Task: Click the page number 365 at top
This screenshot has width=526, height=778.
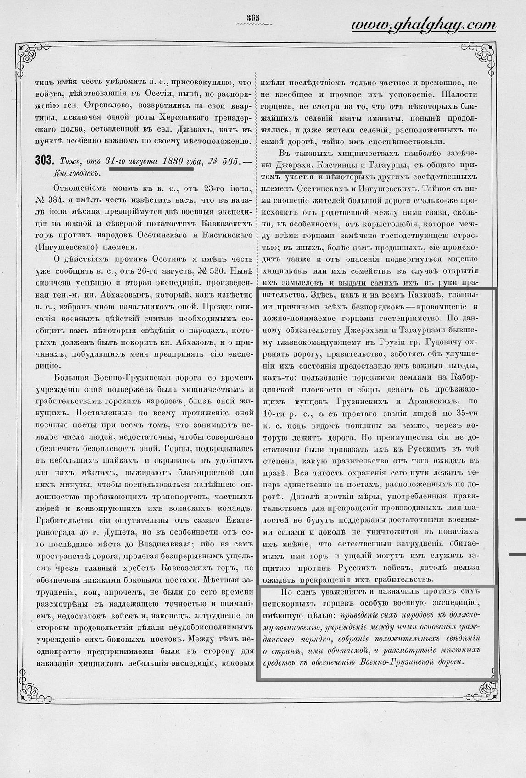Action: [253, 17]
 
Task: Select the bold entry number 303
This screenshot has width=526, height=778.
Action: [44, 161]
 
